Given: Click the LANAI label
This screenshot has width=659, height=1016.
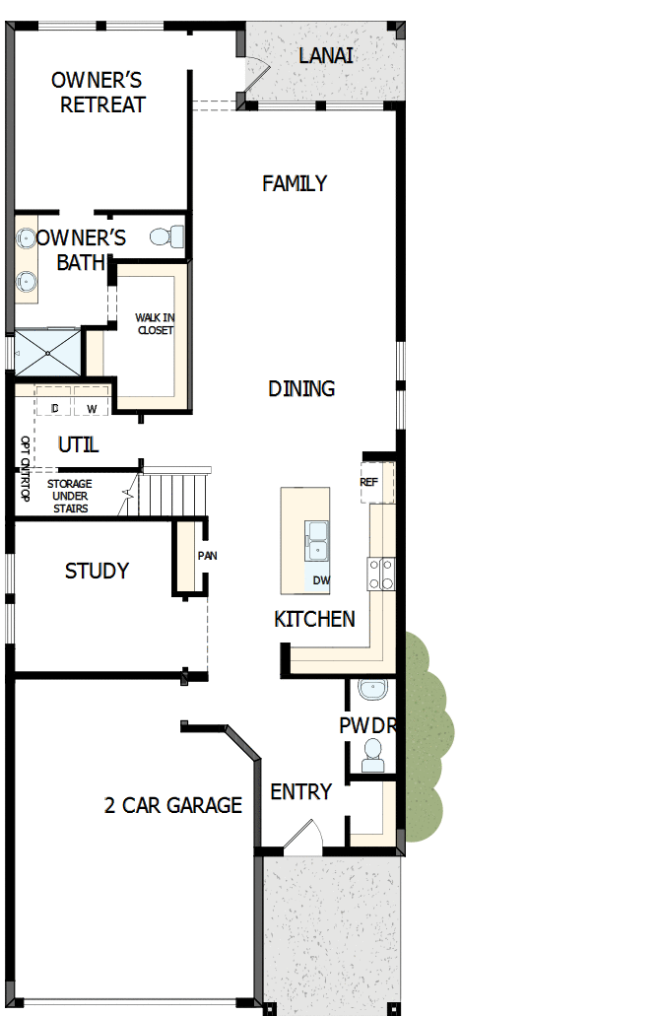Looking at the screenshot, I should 326,55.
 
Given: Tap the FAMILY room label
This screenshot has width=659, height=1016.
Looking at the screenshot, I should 295,183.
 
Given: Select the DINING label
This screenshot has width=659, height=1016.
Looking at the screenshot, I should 301,388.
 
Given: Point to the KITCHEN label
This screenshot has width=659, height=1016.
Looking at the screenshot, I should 314,619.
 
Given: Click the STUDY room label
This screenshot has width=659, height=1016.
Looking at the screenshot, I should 97,571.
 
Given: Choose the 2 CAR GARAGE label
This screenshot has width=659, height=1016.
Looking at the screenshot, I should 173,805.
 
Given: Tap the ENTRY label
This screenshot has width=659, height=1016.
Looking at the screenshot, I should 300,791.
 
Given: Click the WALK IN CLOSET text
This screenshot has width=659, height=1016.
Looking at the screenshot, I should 155,323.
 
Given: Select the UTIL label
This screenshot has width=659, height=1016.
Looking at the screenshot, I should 78,444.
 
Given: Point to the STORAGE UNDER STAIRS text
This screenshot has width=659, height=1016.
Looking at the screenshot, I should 70,496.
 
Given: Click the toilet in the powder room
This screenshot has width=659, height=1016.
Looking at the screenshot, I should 373,755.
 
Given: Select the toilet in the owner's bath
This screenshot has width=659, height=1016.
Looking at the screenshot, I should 169,237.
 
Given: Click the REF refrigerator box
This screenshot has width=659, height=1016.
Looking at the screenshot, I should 370,482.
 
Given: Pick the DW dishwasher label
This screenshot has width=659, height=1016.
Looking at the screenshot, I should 321,579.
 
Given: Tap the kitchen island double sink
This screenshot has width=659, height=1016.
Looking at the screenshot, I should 317,539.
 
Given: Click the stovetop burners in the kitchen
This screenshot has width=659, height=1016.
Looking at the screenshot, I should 381,574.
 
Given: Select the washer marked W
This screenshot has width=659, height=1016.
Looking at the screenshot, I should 92,408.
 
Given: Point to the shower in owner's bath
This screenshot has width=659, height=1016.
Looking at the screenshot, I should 47,350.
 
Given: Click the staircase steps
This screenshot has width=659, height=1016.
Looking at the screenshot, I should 175,491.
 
